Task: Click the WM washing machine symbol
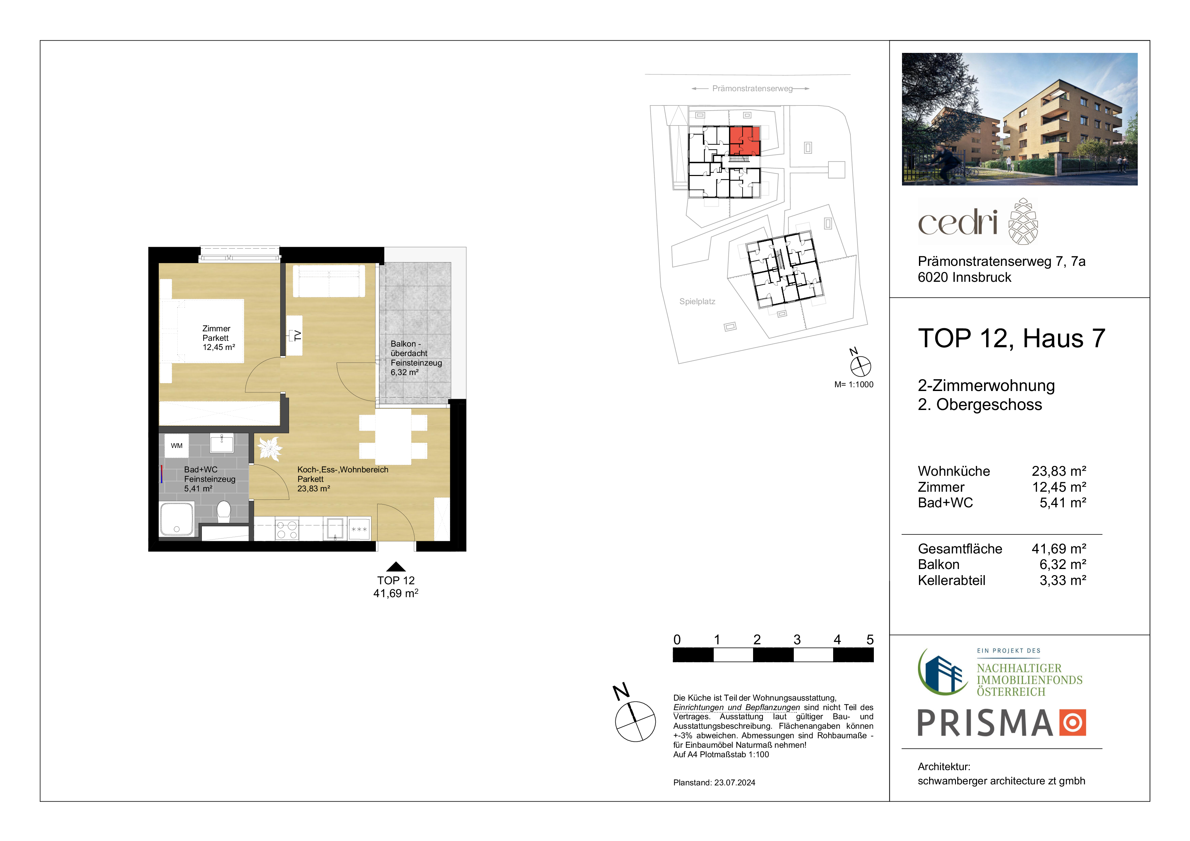pos(177,445)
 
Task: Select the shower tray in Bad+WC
pos(177,519)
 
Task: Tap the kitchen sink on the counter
pos(335,529)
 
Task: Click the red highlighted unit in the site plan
pos(745,140)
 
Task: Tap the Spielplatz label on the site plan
pos(697,301)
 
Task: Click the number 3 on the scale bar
pos(797,640)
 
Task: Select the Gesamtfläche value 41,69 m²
pos(1059,549)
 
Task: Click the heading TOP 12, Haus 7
pos(1012,338)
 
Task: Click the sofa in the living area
pos(329,281)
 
